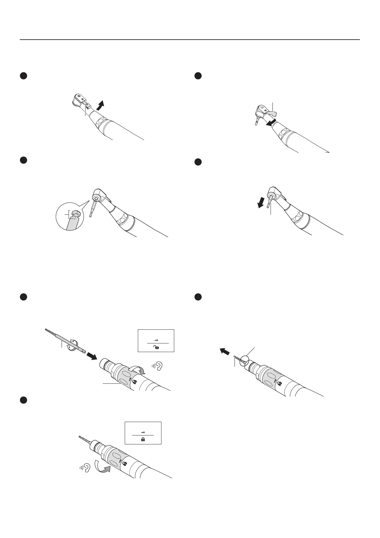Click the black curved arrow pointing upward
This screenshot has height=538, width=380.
[x=101, y=105]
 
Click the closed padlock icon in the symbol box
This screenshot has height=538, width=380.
[x=143, y=440]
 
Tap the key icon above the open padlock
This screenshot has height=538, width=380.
[x=156, y=340]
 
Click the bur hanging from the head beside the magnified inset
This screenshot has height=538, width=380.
[x=93, y=208]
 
